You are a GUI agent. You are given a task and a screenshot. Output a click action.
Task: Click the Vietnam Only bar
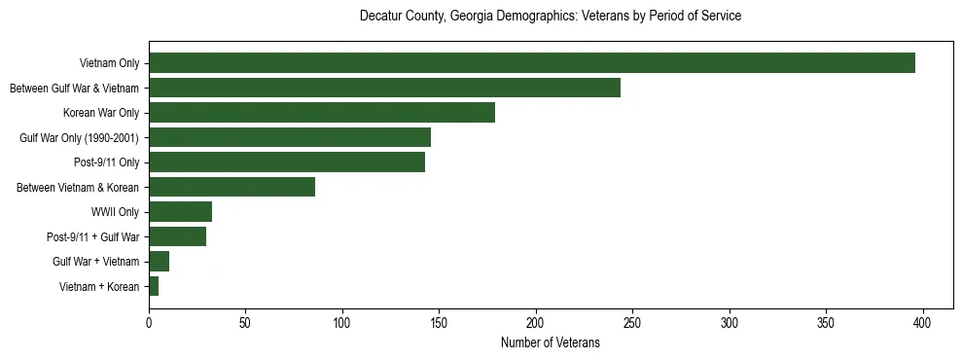coord(532,63)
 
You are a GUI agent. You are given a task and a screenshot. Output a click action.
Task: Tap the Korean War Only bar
coord(322,113)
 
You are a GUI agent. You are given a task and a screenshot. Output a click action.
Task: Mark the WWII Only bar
coord(180,212)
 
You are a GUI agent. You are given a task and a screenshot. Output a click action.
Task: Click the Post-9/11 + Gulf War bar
coord(177,236)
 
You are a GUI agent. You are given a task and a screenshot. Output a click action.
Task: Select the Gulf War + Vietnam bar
coord(159,262)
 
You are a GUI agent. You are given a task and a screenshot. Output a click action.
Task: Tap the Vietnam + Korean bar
coord(154,286)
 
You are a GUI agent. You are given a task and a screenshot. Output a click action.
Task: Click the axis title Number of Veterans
coord(550,342)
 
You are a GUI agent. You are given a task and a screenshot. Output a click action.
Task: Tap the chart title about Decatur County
coord(550,17)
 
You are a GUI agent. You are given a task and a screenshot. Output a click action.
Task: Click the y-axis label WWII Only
coord(115,212)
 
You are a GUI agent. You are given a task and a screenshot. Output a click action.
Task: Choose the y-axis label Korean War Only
coord(101,113)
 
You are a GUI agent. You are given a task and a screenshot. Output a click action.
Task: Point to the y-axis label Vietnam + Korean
coord(99,286)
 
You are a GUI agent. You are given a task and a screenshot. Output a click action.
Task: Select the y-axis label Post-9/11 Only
coord(107,162)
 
